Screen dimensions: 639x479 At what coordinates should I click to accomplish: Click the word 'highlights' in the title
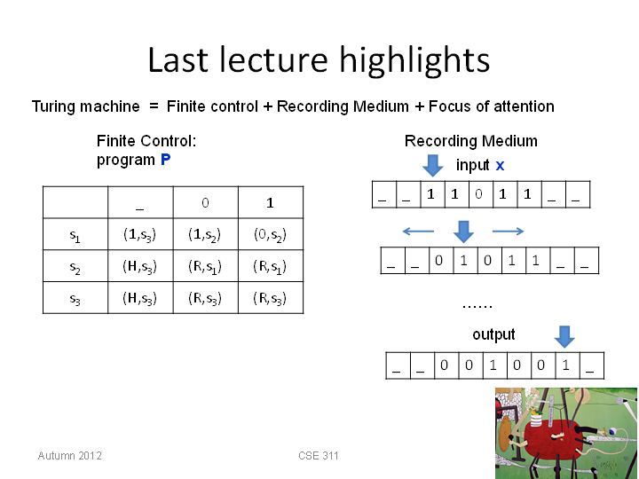point(414,60)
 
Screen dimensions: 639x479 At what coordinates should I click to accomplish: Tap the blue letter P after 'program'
point(165,160)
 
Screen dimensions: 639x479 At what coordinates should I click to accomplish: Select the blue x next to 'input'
point(500,166)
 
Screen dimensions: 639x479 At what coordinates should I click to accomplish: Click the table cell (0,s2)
point(270,234)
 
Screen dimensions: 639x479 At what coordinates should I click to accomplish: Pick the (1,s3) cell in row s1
point(140,234)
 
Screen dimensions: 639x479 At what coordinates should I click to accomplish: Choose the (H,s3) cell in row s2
point(140,266)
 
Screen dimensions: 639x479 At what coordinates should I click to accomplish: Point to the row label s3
point(75,299)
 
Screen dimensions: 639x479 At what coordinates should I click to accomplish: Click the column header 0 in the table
point(205,202)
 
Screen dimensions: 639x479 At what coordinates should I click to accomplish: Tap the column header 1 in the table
point(270,202)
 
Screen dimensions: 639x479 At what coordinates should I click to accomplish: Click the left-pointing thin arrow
point(418,232)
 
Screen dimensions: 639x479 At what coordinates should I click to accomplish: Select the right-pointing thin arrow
point(509,232)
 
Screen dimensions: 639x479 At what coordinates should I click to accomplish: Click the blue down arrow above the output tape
point(564,336)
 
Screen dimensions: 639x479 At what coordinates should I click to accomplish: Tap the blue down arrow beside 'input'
point(433,165)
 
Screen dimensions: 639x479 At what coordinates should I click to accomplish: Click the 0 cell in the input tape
point(478,194)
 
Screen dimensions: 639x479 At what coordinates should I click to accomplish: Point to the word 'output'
point(493,334)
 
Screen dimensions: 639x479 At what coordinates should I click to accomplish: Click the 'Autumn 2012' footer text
point(70,455)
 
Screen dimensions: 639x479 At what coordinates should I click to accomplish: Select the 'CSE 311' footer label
point(319,455)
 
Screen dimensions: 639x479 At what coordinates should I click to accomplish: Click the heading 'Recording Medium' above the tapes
point(470,141)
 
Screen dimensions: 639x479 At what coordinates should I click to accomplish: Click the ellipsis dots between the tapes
point(477,307)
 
